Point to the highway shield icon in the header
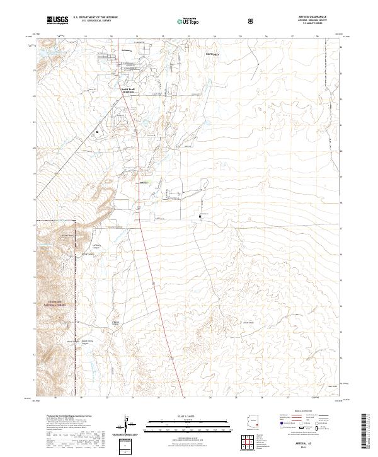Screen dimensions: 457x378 [x=251, y=21]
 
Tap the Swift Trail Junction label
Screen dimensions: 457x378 [x=129, y=90]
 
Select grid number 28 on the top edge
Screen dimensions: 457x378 [x=318, y=37]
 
